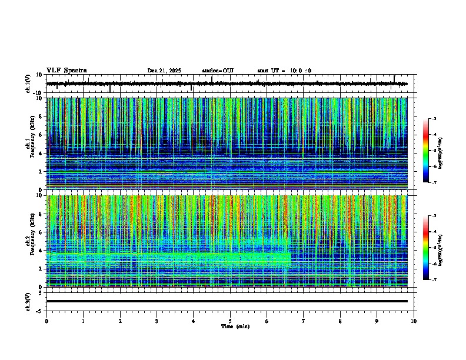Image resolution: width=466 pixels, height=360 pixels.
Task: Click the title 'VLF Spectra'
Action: [x=66, y=70]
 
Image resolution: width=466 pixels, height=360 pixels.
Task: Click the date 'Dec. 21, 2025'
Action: [x=164, y=71]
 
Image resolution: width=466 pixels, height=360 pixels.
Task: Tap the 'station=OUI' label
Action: [x=218, y=71]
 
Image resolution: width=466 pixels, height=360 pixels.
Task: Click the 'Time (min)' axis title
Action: [x=235, y=326]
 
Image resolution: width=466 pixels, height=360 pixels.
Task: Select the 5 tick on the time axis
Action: [x=230, y=321]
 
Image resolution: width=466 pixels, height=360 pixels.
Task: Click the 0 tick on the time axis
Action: [x=46, y=321]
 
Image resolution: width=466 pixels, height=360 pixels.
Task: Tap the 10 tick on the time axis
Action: [x=414, y=321]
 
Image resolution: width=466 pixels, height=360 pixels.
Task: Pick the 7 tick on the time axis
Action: [x=304, y=321]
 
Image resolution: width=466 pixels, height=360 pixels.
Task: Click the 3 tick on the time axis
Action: [x=157, y=321]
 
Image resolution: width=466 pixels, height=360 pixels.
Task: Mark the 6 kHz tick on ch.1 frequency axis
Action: [x=42, y=135]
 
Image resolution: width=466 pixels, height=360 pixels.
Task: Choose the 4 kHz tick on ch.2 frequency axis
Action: [x=42, y=250]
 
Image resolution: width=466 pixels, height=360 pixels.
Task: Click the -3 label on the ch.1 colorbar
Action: [x=434, y=119]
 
